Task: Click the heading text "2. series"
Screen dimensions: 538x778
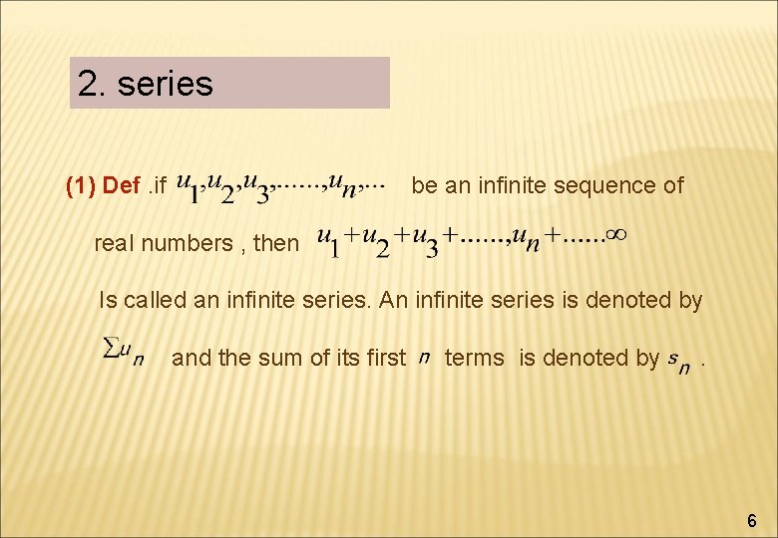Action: (x=146, y=84)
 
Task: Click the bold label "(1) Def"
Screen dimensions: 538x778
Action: (x=103, y=185)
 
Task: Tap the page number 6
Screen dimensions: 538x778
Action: (x=751, y=520)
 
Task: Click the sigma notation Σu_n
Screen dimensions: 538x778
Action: (x=124, y=352)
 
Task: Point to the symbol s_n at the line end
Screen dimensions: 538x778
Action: (x=678, y=361)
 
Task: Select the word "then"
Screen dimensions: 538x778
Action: (x=276, y=242)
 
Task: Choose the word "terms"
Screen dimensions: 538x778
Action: (x=475, y=358)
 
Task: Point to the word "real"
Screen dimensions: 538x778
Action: (x=115, y=242)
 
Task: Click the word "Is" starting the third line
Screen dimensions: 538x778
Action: (x=108, y=299)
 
